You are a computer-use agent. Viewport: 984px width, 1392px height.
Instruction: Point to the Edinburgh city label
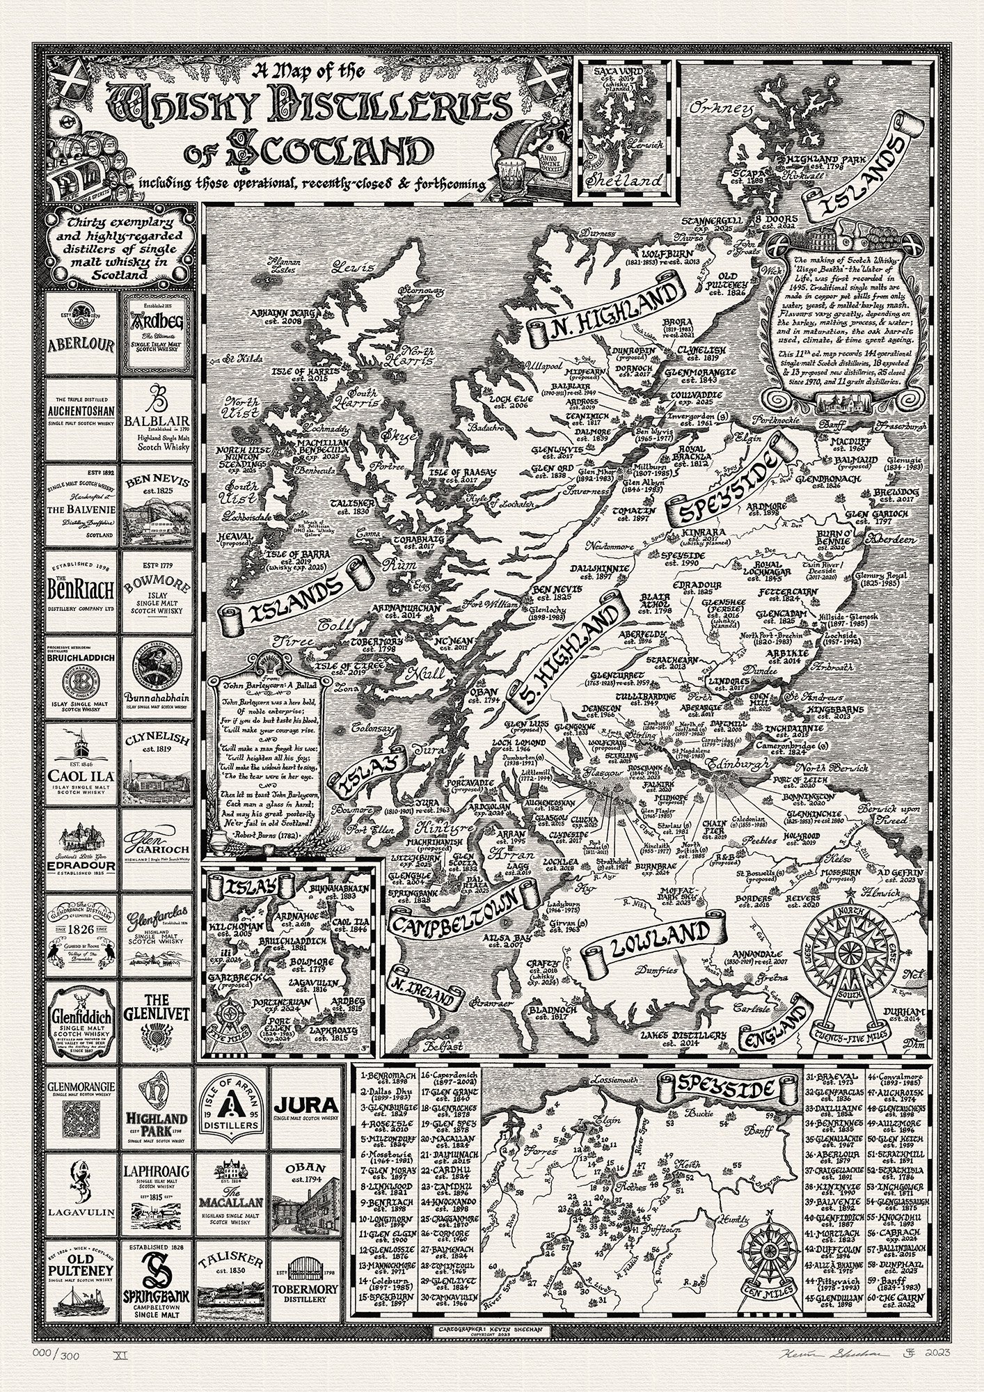(729, 765)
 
